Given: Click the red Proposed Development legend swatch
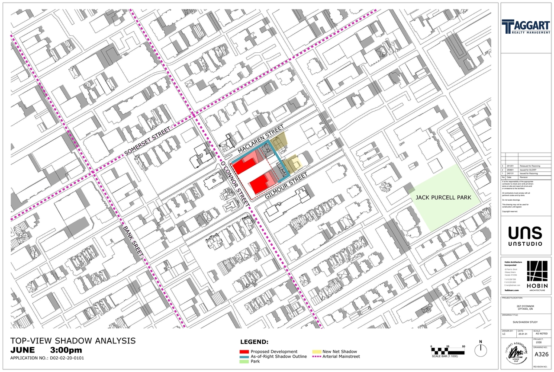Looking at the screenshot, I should tap(244, 352).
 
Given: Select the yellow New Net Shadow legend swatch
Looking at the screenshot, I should tap(316, 352).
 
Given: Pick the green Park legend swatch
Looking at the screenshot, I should tap(244, 361).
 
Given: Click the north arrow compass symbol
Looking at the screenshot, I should tap(480, 349).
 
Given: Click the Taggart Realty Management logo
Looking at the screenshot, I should tap(526, 27).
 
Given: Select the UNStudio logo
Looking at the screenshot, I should tap(525, 236).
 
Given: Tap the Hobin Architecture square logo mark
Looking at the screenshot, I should tap(537, 272).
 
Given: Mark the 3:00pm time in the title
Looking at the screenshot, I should tap(66, 350).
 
